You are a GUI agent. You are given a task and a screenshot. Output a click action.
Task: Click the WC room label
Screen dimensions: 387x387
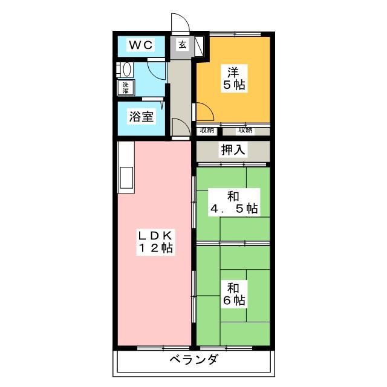[x=141, y=45]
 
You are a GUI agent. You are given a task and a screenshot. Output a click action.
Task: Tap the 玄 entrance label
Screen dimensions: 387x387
[x=183, y=45]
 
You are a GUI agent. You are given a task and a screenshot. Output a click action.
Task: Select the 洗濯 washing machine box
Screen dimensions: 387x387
[x=126, y=87]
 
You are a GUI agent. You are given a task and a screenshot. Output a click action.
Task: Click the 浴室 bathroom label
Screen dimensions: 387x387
[x=141, y=117]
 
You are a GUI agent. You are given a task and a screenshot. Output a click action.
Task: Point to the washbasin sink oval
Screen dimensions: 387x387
[x=126, y=70]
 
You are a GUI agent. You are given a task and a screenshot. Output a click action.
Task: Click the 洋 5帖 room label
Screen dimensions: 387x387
[x=234, y=79]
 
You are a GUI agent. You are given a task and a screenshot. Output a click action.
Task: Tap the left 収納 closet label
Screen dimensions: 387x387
[x=207, y=130]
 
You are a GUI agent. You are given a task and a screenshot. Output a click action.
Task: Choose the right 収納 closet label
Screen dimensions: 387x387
[x=245, y=130]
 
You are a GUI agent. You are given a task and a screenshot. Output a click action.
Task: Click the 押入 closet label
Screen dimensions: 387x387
[x=233, y=149]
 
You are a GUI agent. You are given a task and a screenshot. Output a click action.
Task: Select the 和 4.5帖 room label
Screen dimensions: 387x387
[x=234, y=203]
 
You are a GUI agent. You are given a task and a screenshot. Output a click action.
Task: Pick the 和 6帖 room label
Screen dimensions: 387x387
[x=234, y=294]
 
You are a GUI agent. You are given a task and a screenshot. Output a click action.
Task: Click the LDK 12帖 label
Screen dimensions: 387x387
[x=155, y=242]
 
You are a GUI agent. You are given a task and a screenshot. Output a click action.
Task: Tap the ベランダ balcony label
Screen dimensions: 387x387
[x=194, y=359]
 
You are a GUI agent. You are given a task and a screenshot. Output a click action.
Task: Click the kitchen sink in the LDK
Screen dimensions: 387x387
[x=126, y=178]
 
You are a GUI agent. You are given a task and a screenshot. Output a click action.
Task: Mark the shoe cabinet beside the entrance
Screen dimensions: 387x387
[x=199, y=46]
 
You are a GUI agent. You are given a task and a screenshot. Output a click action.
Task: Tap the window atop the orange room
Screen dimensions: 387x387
[x=235, y=34]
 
